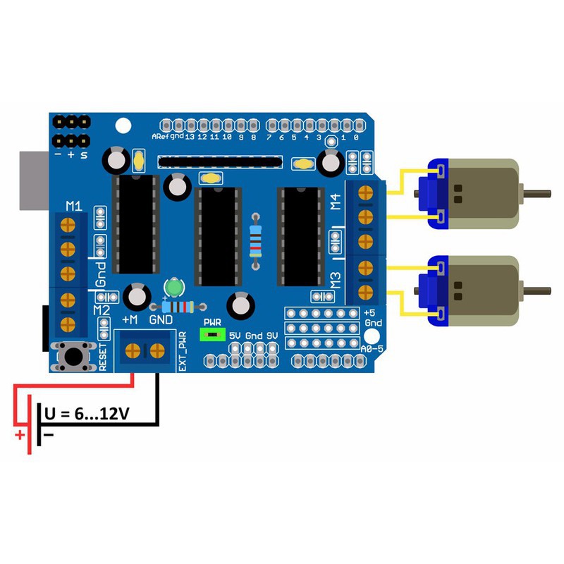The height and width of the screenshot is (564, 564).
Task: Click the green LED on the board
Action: click(x=173, y=288)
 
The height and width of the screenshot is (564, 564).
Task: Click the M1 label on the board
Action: click(x=73, y=206)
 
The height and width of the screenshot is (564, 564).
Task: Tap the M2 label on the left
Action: click(x=101, y=309)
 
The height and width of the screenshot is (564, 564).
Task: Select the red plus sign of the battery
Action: click(x=20, y=435)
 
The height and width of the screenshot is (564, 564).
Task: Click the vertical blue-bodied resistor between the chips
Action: click(x=255, y=240)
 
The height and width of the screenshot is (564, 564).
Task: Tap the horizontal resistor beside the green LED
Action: click(x=180, y=307)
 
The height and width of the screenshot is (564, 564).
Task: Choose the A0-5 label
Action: click(x=371, y=349)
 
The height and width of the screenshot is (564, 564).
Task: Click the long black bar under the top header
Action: click(x=220, y=162)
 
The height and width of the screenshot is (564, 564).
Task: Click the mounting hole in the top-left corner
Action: click(x=123, y=125)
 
